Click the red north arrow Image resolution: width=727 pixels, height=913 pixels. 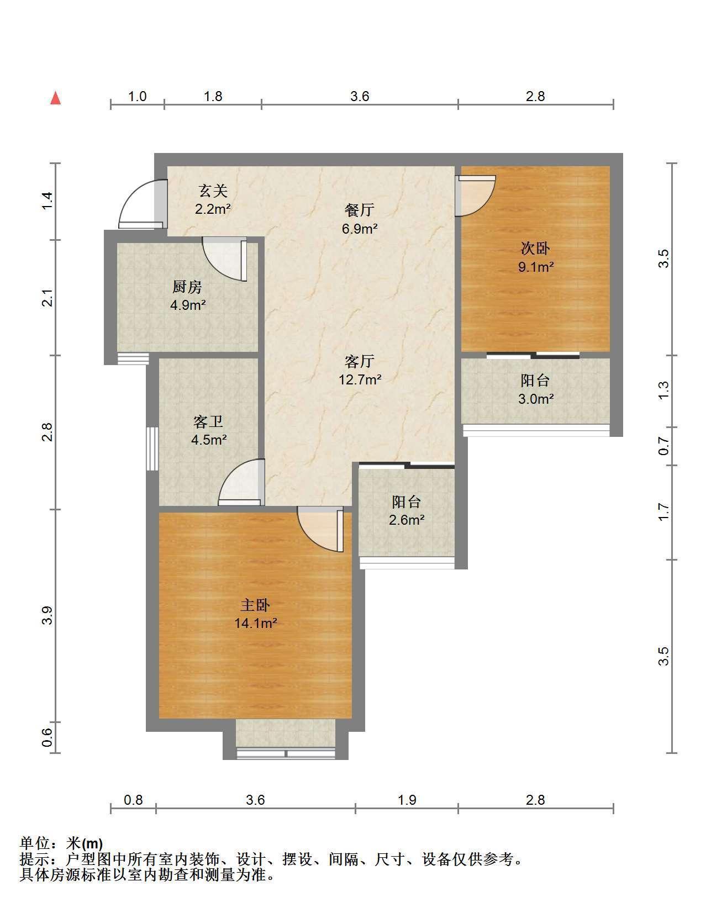point(55,98)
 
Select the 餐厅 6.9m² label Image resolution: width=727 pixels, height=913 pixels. point(359,219)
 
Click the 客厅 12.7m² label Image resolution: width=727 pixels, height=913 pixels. point(360,371)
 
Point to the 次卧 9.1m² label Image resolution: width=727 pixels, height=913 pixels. point(535,257)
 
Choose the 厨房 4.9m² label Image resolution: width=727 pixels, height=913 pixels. point(187,295)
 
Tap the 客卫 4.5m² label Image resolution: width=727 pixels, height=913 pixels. point(208,431)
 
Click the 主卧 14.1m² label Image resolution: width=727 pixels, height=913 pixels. point(255,614)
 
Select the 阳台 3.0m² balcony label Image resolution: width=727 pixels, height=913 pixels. point(535,389)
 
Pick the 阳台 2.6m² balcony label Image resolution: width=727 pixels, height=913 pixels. point(407,510)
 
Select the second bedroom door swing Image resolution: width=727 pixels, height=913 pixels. point(475,196)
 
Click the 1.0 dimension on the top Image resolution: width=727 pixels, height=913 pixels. point(137,97)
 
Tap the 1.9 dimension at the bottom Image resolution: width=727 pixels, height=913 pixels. point(407,800)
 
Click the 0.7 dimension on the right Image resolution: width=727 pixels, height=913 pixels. point(664,446)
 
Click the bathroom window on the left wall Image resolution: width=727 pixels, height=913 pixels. point(152,448)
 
